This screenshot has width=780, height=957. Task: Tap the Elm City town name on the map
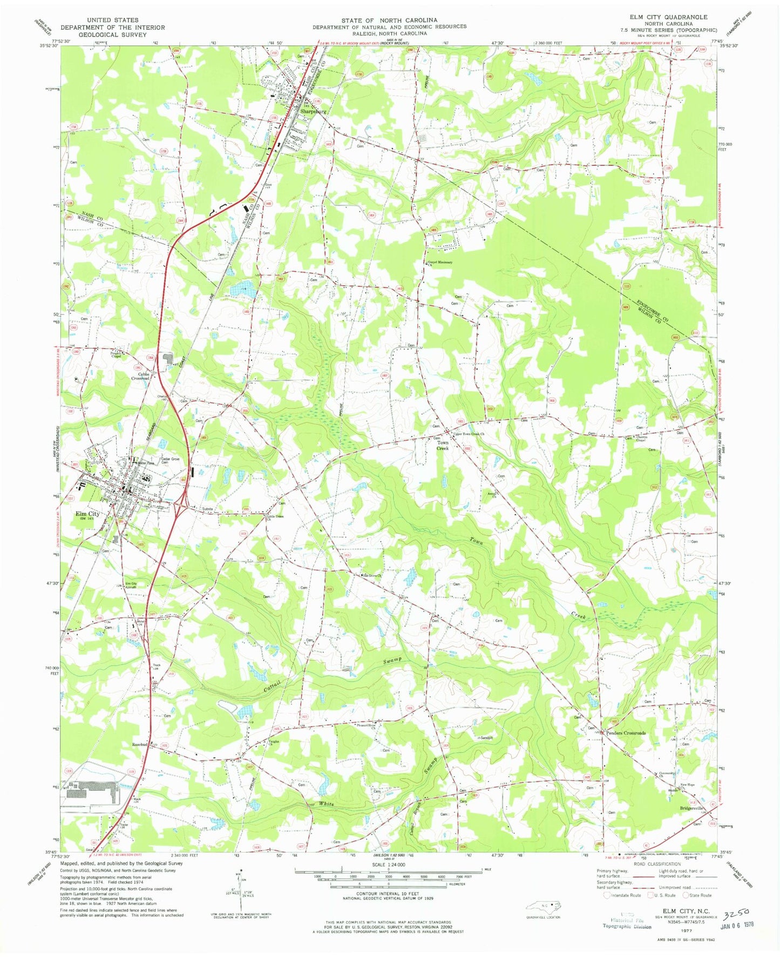tap(87, 514)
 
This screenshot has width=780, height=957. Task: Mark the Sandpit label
tap(486, 737)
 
